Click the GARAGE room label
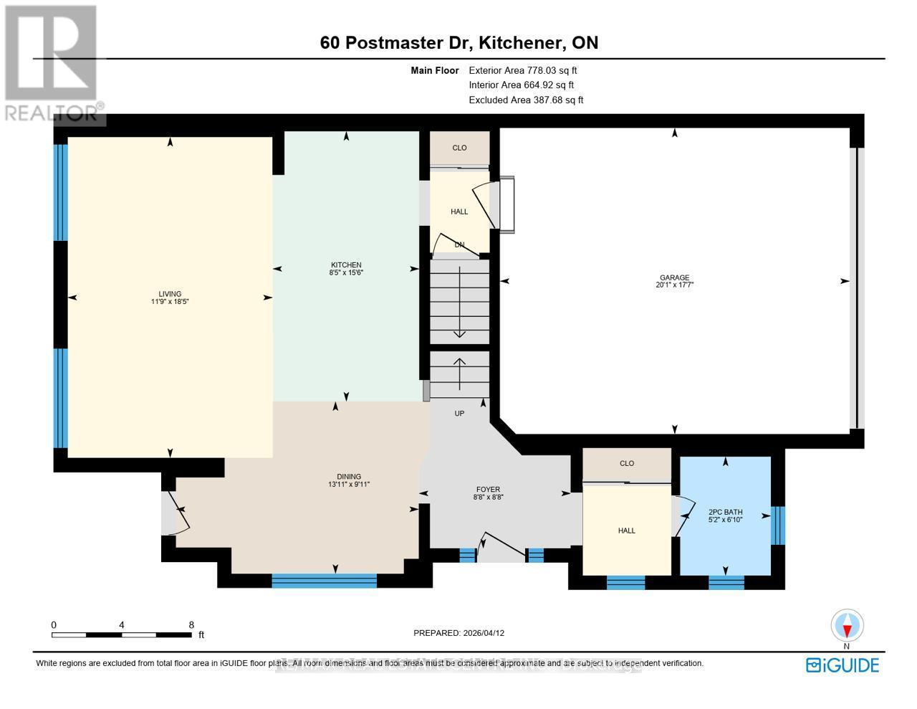(674, 277)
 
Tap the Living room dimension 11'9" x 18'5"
(170, 302)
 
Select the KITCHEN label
(345, 265)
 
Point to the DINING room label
(349, 476)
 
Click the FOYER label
(487, 489)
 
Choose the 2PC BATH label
(725, 512)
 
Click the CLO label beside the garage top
(459, 148)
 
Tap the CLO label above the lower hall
(627, 463)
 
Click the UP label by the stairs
(459, 413)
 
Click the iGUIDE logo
(842, 665)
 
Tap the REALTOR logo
(52, 65)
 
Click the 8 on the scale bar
(191, 624)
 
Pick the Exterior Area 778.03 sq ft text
(522, 70)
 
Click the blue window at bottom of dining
(324, 580)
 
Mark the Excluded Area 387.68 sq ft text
(526, 100)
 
